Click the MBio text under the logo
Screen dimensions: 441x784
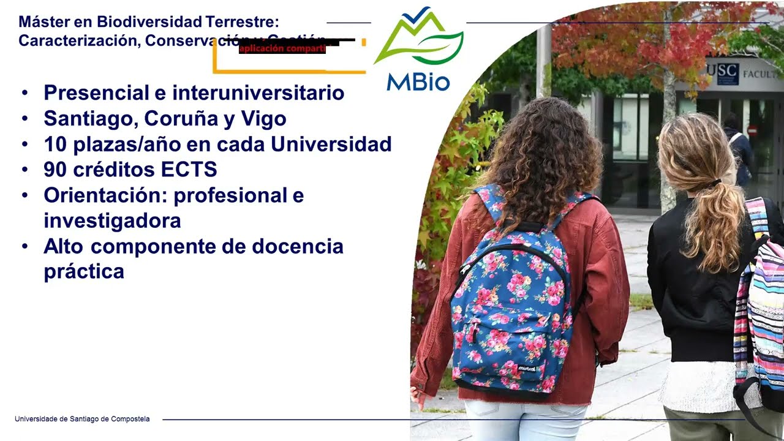click(x=418, y=81)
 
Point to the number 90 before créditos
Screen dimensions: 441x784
click(x=55, y=170)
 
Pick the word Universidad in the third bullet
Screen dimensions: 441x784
click(x=331, y=144)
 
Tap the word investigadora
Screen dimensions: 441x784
click(x=112, y=221)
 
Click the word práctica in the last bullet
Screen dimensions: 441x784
click(x=84, y=271)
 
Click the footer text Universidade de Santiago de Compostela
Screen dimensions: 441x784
click(x=82, y=419)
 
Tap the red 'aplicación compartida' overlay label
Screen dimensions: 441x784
click(x=282, y=49)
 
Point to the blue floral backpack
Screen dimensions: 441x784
click(x=513, y=306)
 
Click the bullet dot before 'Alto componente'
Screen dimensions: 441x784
click(x=24, y=247)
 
